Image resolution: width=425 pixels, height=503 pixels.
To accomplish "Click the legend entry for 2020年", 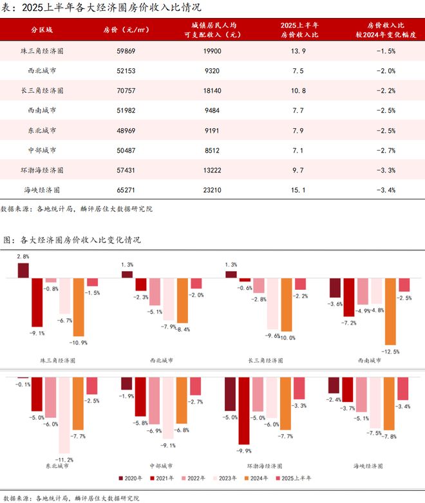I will [130, 479].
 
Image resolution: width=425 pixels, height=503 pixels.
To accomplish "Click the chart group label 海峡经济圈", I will [369, 465].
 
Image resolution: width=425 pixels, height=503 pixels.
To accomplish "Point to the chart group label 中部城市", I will [161, 465].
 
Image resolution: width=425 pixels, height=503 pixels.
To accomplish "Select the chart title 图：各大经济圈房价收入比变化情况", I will [71, 240].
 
